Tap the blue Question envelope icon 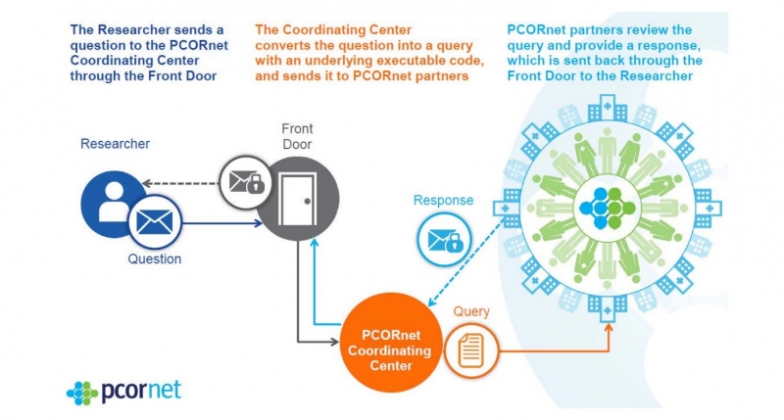click(153, 222)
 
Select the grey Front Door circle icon click(297, 198)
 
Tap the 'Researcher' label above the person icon click(115, 144)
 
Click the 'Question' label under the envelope click(154, 259)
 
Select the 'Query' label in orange click(471, 312)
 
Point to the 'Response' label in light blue click(443, 201)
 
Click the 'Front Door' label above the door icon click(297, 136)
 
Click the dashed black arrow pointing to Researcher click(181, 183)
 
